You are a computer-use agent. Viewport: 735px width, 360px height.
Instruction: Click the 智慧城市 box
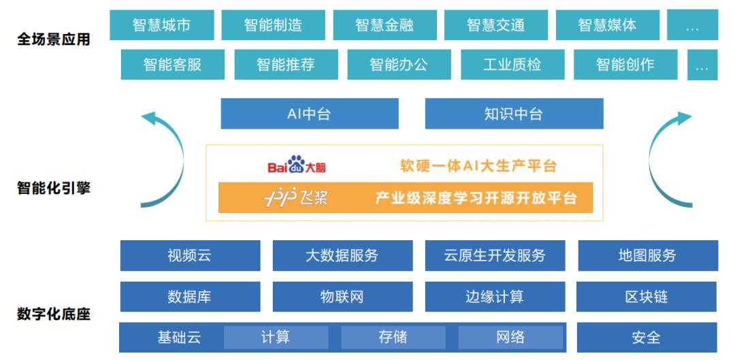162,25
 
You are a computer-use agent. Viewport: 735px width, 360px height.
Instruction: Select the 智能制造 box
274,25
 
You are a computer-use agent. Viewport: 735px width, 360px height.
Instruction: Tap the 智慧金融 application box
385,25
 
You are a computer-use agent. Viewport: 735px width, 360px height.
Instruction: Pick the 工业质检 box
512,64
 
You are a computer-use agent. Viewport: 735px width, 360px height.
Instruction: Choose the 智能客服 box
172,64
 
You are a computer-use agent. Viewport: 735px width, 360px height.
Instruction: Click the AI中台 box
310,114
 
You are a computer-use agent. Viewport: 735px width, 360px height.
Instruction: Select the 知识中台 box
514,114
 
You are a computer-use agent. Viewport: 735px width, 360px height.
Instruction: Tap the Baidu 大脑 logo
297,165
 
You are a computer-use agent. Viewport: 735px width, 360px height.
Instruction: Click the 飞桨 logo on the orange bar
296,198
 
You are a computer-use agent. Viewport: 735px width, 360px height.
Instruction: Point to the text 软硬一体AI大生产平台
478,165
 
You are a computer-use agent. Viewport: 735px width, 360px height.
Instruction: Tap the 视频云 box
190,255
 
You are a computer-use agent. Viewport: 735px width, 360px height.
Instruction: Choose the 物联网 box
342,297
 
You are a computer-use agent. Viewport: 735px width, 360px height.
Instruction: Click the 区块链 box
647,297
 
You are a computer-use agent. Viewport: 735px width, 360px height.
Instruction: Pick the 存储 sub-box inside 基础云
393,338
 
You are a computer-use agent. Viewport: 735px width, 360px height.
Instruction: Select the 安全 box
647,338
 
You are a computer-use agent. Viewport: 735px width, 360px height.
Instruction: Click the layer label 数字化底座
54,314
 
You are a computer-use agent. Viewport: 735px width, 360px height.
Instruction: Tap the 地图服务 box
648,255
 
